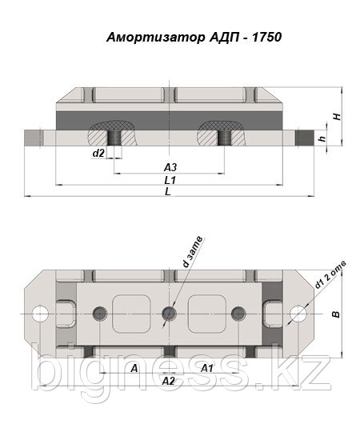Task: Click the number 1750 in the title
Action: tap(267, 38)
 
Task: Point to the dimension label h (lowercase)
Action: tap(323, 138)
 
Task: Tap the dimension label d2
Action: tap(98, 153)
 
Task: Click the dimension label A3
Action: tap(170, 167)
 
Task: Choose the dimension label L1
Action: tap(170, 180)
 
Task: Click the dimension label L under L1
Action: tap(168, 192)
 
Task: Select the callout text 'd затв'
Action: tap(192, 251)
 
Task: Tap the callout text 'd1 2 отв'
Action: tap(330, 274)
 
